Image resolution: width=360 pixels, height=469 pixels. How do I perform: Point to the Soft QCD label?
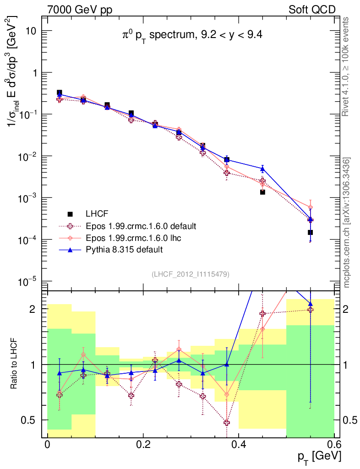tap(312, 10)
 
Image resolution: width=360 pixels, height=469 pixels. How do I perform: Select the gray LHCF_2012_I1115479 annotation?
tap(191, 274)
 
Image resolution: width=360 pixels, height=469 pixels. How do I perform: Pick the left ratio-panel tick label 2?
tap(38, 309)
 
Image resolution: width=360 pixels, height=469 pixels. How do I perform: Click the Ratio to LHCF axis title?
tap(15, 365)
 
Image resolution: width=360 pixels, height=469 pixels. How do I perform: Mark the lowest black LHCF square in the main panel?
tap(310, 232)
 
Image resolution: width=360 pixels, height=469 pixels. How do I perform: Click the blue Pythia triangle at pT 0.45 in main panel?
tap(262, 169)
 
